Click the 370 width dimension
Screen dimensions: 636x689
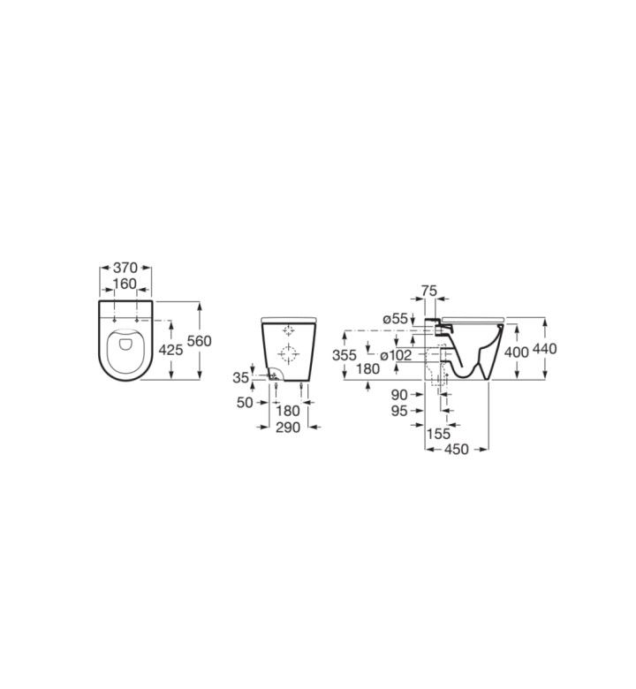pyautogui.click(x=125, y=267)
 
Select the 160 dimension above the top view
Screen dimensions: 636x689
pyautogui.click(x=125, y=284)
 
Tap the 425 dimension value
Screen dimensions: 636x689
pyautogui.click(x=170, y=350)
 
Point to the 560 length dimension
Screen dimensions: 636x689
pyautogui.click(x=199, y=341)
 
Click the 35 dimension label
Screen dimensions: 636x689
pyautogui.click(x=241, y=377)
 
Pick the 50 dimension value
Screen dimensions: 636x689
pyautogui.click(x=245, y=403)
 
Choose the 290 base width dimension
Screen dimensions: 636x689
pyautogui.click(x=288, y=428)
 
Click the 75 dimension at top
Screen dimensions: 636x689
pyautogui.click(x=429, y=291)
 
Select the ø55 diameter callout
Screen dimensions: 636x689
pyautogui.click(x=396, y=319)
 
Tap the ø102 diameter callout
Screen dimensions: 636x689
pyautogui.click(x=396, y=355)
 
